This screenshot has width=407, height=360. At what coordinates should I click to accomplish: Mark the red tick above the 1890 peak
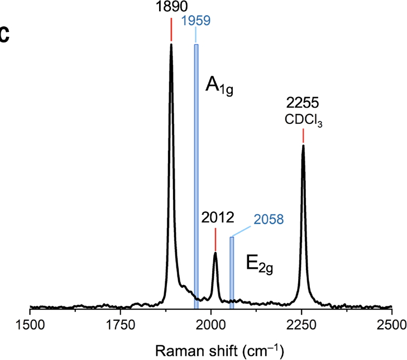tap(171, 31)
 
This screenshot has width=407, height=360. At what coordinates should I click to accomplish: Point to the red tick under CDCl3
tap(303, 136)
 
